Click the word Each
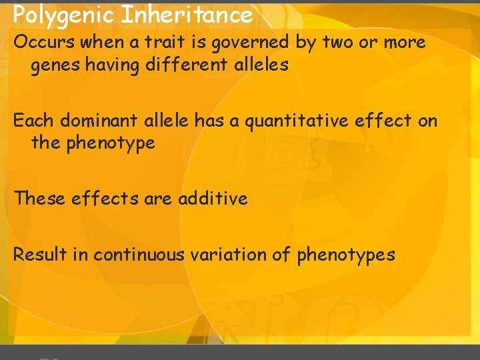pyautogui.click(x=34, y=121)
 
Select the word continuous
pyautogui.click(x=139, y=254)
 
